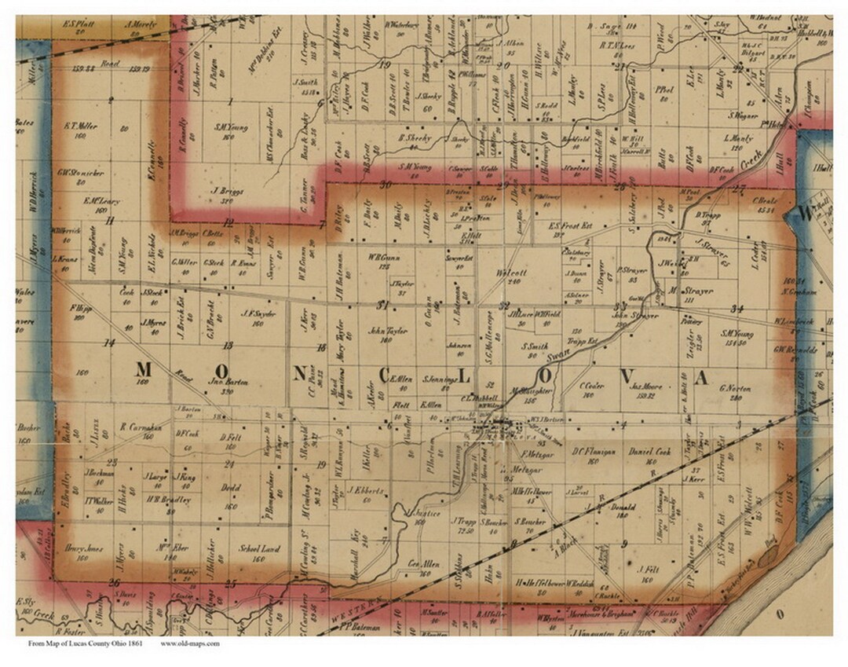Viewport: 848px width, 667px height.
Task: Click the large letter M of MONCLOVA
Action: [145, 369]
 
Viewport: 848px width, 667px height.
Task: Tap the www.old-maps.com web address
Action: [190, 643]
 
